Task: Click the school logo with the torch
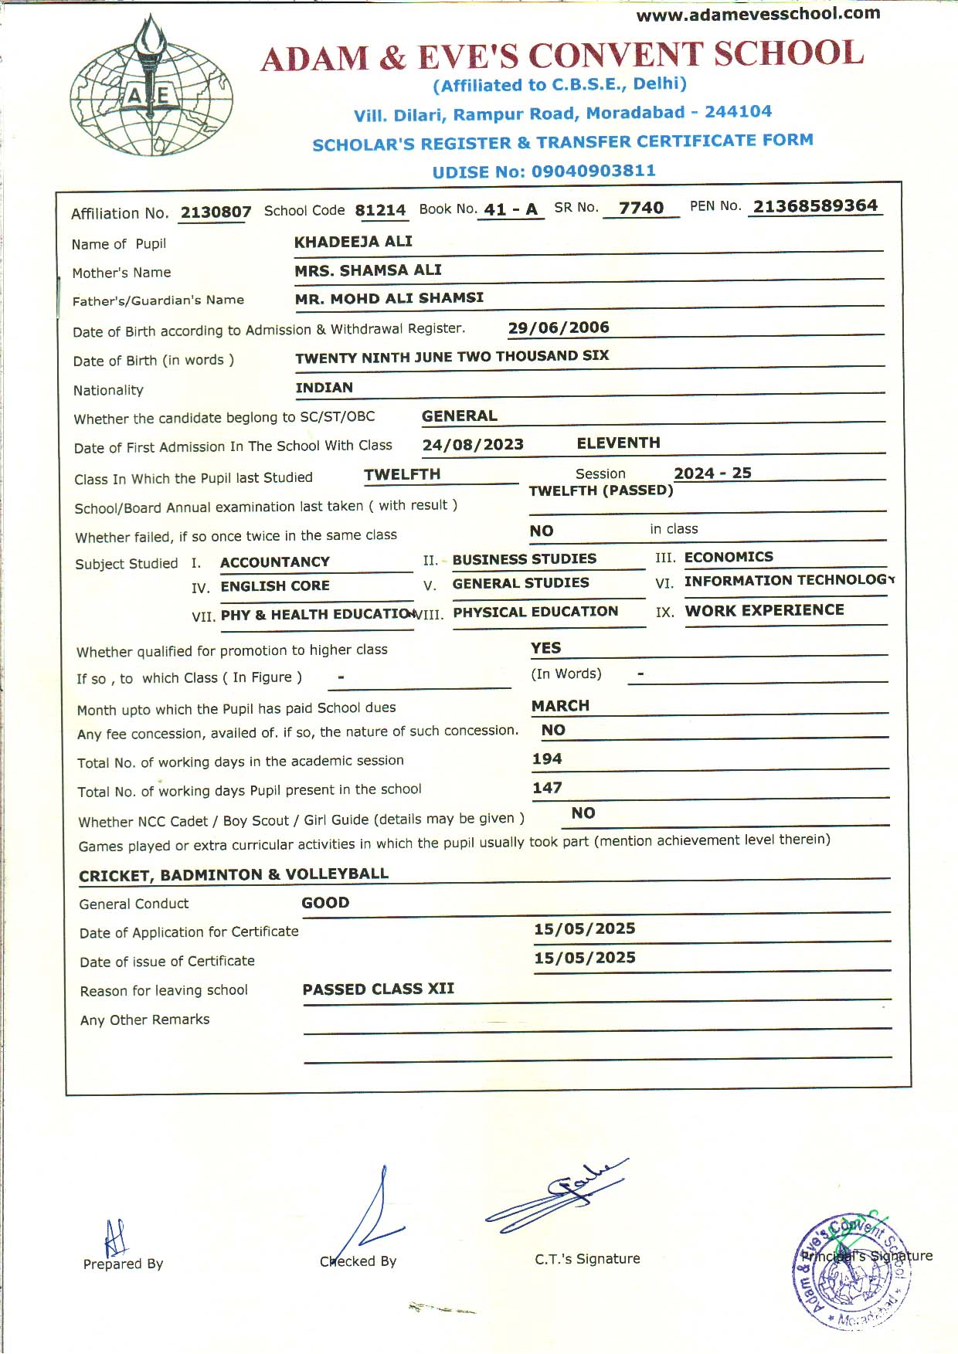tap(151, 87)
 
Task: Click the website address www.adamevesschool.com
tap(758, 14)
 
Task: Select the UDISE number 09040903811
tap(593, 171)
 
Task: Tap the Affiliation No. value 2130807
tap(216, 212)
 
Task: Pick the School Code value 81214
tap(380, 210)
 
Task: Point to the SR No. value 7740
tap(641, 208)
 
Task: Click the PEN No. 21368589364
tap(815, 206)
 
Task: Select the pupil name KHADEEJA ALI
tap(353, 242)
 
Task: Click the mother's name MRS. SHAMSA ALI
tap(368, 270)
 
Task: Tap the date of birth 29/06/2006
tap(559, 327)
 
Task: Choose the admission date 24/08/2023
tap(473, 445)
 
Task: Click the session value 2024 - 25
tap(712, 473)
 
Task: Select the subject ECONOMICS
tap(729, 557)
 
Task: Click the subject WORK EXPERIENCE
tap(764, 610)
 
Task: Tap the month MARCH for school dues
tap(560, 706)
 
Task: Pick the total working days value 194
tap(547, 759)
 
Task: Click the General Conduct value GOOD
tap(325, 903)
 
